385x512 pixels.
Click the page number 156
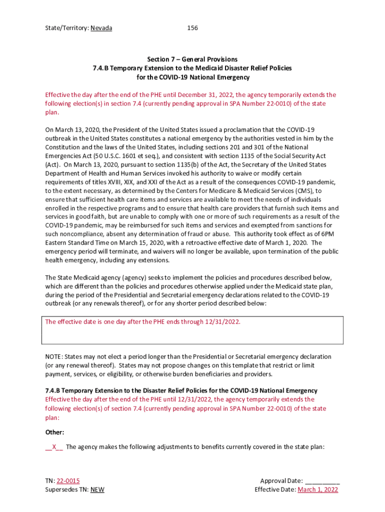(x=192, y=28)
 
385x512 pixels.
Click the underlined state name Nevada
(x=101, y=28)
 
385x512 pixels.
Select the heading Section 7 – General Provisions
(x=192, y=59)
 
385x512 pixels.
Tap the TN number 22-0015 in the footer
(x=68, y=480)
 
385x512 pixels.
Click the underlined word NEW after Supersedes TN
(x=97, y=489)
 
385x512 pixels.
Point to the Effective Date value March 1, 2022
(x=318, y=489)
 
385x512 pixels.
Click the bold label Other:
(x=55, y=432)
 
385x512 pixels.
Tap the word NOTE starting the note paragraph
(x=53, y=356)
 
